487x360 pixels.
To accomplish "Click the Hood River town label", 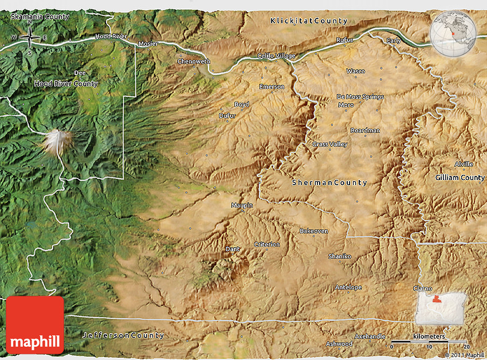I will coord(111,36).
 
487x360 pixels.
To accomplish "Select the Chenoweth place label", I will coord(194,61).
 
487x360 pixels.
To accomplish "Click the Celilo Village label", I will coord(277,56).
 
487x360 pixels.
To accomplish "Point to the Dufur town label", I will coord(227,115).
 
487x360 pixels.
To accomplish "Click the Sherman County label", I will coord(329,182).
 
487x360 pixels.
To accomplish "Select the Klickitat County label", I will coord(309,21).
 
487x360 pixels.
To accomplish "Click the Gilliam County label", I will coord(459,178).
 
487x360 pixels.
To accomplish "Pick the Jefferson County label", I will coord(123,335).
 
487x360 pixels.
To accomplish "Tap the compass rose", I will coord(29,38).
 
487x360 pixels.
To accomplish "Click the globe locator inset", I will coord(453,33).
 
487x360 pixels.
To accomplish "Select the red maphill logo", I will coord(35,324).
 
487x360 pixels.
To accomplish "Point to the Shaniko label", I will coord(340,256).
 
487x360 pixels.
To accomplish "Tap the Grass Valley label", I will coord(329,144).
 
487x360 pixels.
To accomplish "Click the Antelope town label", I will coord(348,287).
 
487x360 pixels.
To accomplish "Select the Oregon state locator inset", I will coord(441,310).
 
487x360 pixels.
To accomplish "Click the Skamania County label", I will coord(40,17).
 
